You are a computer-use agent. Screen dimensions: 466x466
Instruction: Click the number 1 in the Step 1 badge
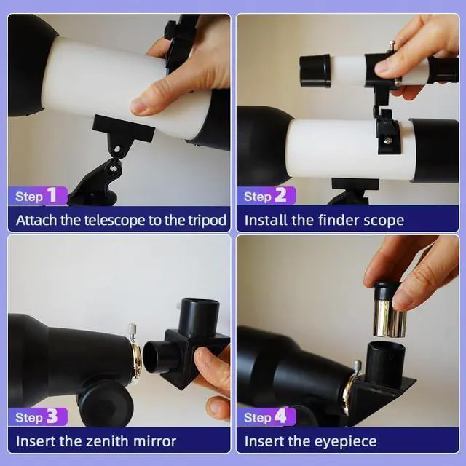point(52,195)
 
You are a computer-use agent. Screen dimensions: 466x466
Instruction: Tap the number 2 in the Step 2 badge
point(280,195)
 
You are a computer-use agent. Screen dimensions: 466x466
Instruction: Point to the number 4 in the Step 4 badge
point(280,416)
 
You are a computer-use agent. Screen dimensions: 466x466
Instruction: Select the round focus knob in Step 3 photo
point(106,403)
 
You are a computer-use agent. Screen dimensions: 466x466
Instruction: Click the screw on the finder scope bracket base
point(387,140)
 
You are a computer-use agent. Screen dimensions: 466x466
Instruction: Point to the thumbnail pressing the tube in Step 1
point(138,105)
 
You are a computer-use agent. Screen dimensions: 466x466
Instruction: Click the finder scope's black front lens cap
point(315,71)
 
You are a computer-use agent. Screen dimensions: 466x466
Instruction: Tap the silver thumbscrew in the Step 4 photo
point(358,366)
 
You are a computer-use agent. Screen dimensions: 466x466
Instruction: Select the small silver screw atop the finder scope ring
point(392,45)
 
